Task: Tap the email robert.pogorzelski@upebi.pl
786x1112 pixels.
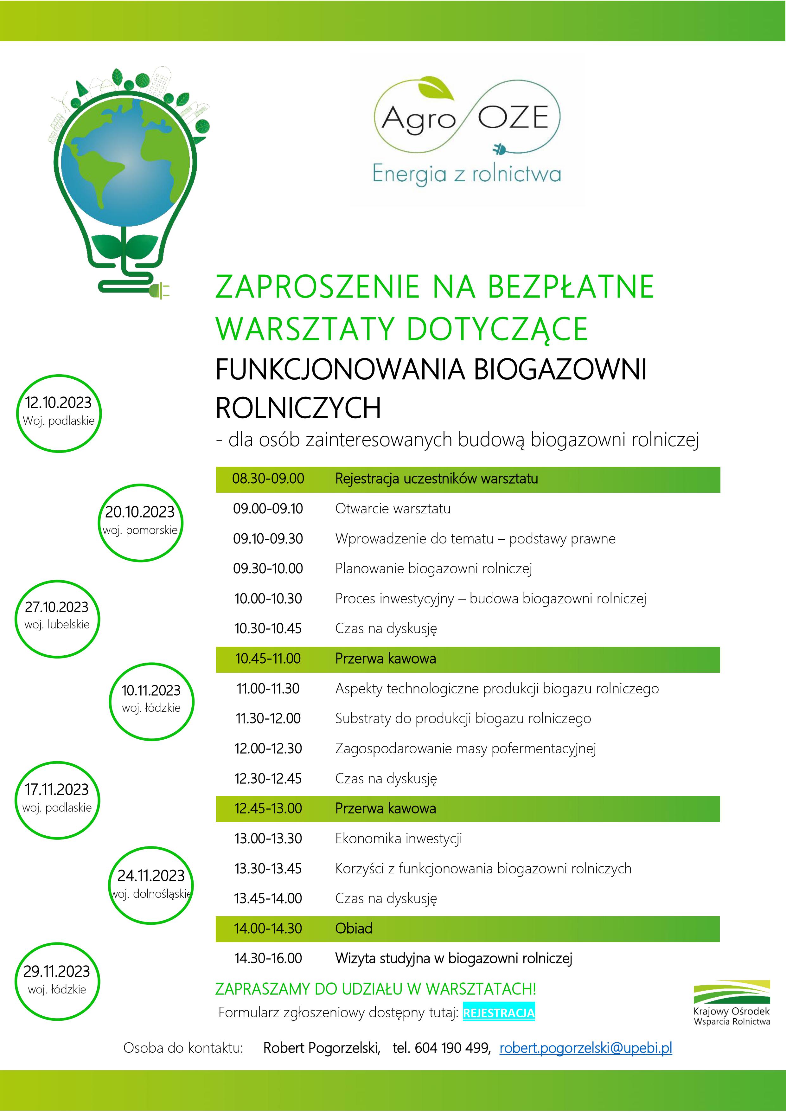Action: (x=585, y=1048)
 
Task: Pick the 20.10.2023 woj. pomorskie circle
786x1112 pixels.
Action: (x=140, y=522)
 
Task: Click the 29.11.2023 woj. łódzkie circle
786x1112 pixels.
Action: (x=57, y=981)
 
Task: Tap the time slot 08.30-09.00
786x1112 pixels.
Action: (x=268, y=479)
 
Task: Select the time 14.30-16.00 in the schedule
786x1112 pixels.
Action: (x=268, y=958)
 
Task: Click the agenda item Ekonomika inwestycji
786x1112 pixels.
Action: (x=398, y=839)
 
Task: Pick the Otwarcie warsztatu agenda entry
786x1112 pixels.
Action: (x=392, y=509)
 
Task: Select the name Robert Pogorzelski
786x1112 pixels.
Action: (x=321, y=1048)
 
